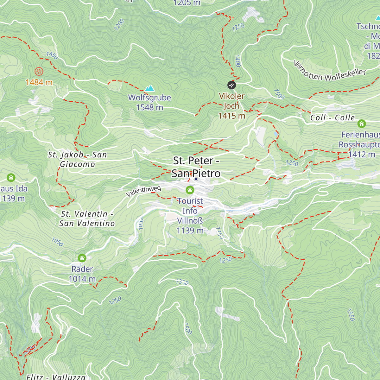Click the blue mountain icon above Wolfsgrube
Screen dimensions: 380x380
[149, 88]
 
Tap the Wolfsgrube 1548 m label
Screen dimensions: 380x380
[149, 102]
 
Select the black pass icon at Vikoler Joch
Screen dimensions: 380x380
[231, 85]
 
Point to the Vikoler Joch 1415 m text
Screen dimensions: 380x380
[232, 106]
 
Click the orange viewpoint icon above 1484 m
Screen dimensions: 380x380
[39, 71]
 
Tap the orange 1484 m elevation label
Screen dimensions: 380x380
[39, 82]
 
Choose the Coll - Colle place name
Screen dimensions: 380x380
[332, 117]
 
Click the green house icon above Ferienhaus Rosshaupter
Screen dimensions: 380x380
[361, 123]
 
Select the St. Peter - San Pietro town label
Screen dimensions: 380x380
[196, 167]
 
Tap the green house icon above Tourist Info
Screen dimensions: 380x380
[190, 190]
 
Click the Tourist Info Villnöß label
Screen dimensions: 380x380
[190, 216]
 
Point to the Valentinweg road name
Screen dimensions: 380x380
[143, 191]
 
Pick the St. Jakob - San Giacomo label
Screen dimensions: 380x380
[78, 159]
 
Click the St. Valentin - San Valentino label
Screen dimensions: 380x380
[87, 218]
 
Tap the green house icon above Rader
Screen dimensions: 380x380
[82, 258]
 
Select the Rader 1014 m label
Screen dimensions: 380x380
[82, 274]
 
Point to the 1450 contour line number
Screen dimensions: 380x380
[52, 55]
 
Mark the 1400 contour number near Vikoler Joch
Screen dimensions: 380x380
[237, 61]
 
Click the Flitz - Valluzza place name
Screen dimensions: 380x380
[56, 377]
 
